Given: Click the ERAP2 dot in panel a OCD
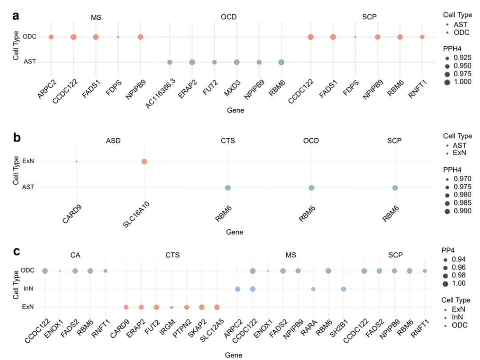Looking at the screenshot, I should (192, 62).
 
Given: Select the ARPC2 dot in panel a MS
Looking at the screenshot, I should (51, 37).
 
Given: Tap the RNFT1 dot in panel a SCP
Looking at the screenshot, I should (422, 37).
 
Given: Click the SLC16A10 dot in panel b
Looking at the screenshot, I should (144, 161).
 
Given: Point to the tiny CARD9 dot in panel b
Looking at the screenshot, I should (76, 161).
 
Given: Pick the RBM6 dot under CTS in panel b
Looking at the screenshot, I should (228, 188).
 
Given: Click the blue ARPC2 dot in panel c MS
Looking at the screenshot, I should (237, 289).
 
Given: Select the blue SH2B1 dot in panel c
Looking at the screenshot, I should (344, 289).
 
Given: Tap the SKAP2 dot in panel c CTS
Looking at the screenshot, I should (202, 307).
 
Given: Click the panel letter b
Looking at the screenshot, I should (17, 138).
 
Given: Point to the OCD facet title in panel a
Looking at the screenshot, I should (228, 17).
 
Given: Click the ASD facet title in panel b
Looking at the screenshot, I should (113, 141).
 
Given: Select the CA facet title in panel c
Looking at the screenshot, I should (75, 255).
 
